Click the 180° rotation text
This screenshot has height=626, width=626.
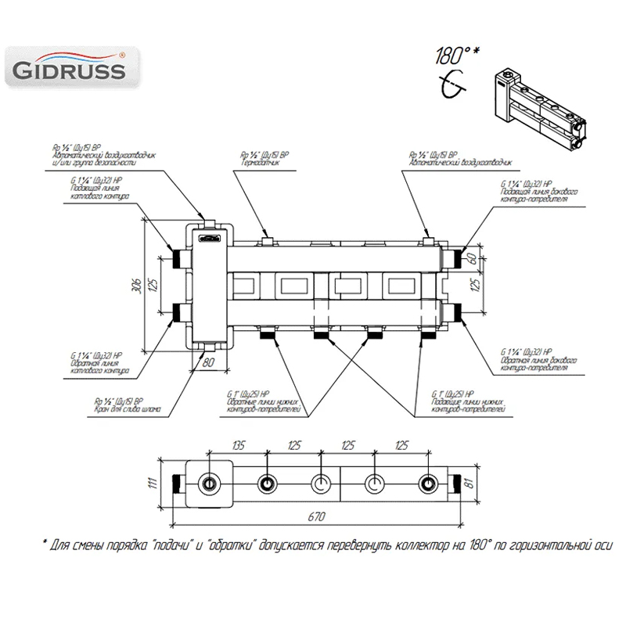pyautogui.click(x=455, y=56)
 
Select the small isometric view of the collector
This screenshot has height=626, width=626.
pyautogui.click(x=541, y=105)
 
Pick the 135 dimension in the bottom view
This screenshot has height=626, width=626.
pyautogui.click(x=239, y=445)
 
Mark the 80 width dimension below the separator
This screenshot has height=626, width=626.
pyautogui.click(x=208, y=362)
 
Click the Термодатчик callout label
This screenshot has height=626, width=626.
pyautogui.click(x=263, y=161)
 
